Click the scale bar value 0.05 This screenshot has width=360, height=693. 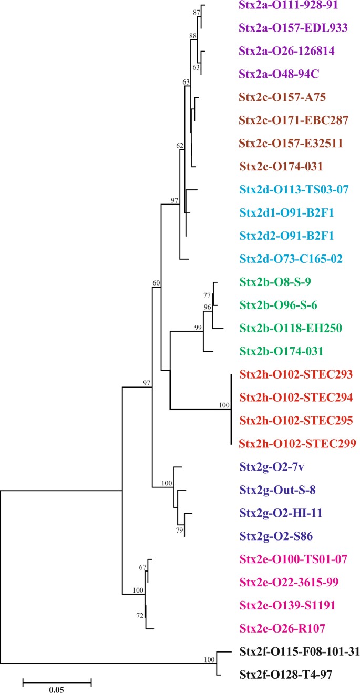[x=57, y=685]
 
